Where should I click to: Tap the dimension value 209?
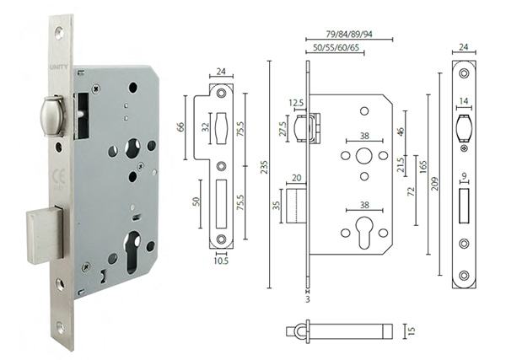point(434,177)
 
